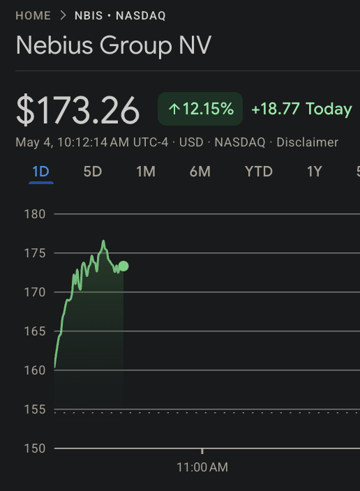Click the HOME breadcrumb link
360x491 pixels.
(33, 15)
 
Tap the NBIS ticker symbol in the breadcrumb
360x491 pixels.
(89, 15)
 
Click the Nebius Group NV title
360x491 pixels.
(114, 46)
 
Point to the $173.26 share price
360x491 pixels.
(77, 110)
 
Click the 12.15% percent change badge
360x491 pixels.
(200, 109)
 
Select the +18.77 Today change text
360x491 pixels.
(301, 109)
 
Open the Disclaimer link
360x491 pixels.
(308, 142)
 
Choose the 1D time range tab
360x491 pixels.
(41, 172)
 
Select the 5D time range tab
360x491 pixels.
(93, 172)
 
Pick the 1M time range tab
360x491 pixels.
(146, 172)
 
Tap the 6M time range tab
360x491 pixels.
(200, 172)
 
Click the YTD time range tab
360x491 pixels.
(259, 172)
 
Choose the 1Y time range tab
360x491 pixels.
(314, 172)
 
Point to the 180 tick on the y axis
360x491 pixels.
(35, 214)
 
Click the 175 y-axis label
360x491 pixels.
(35, 253)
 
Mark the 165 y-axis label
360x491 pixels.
(35, 331)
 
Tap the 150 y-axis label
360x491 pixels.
(35, 448)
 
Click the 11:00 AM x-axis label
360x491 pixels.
(202, 467)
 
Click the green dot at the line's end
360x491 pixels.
(123, 266)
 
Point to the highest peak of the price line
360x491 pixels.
(103, 241)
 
